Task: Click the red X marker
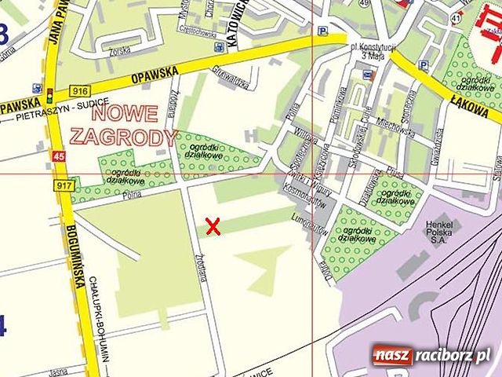click(212, 226)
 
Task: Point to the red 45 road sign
click(57, 157)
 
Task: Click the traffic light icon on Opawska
click(50, 97)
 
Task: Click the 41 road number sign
click(456, 16)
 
